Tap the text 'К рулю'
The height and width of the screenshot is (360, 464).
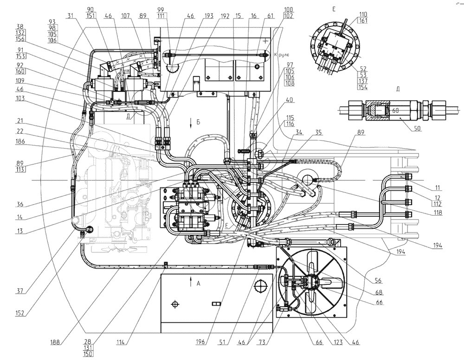click(x=281, y=55)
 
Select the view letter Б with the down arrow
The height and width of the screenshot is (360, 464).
click(x=198, y=122)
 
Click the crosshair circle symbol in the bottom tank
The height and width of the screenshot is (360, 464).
click(x=175, y=304)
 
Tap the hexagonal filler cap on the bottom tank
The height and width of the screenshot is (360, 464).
click(x=260, y=284)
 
